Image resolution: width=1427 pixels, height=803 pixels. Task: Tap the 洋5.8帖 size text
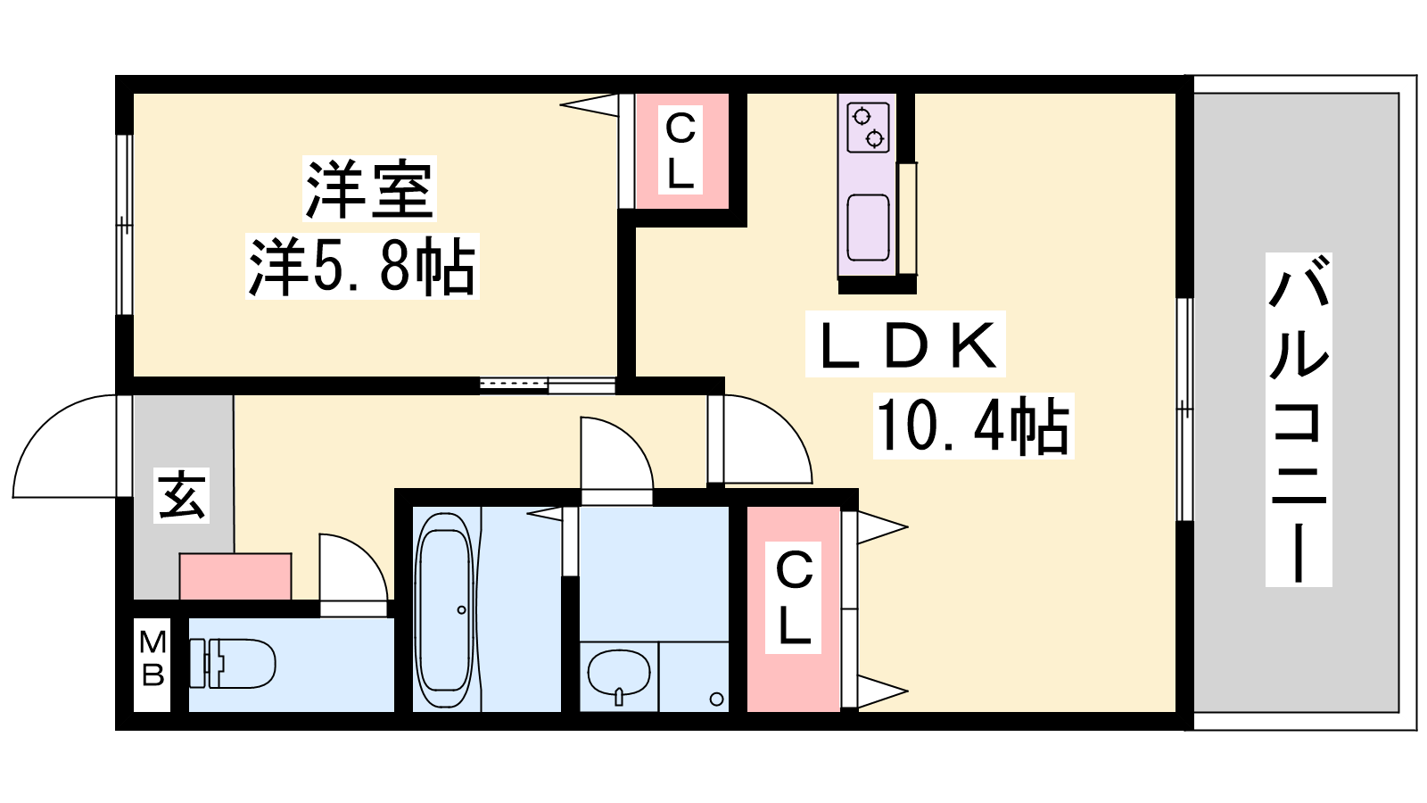[x=362, y=267]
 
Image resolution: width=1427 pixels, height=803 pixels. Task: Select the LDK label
[x=905, y=344]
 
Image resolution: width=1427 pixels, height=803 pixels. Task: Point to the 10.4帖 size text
[x=973, y=426]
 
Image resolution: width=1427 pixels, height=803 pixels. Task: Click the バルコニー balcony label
[x=1299, y=419]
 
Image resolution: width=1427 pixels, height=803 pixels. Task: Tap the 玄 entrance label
[x=182, y=495]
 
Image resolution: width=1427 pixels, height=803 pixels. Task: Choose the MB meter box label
[x=153, y=658]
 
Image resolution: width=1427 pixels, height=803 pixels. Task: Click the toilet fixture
[x=232, y=664]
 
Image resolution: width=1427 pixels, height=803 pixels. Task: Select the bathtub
[x=445, y=609]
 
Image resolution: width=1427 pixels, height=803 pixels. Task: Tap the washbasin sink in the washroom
[x=619, y=675]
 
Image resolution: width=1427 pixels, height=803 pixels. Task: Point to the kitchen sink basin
[x=868, y=228]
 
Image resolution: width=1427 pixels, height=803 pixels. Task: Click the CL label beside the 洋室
[x=681, y=151]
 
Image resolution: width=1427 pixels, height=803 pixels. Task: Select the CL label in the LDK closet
[x=793, y=597]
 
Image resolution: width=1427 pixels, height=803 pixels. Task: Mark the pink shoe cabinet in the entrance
[x=235, y=576]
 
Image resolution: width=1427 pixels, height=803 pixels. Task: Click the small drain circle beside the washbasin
[x=716, y=700]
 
